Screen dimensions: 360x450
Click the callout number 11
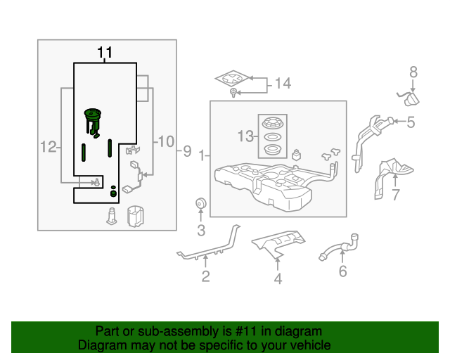tap(105, 52)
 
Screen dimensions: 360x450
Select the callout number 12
tap(48, 147)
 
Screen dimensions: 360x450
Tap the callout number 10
tap(165, 141)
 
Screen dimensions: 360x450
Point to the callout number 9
tap(187, 150)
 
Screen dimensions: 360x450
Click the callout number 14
tap(282, 84)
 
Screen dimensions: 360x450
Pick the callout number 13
tap(246, 136)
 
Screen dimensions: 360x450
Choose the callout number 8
tap(413, 71)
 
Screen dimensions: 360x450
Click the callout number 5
tap(411, 122)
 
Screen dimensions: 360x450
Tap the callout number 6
tap(342, 271)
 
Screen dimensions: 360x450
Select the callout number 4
tap(278, 278)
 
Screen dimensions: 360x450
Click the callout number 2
tap(205, 276)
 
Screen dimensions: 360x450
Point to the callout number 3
tap(200, 230)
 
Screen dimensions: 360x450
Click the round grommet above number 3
tap(200, 205)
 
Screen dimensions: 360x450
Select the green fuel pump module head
tap(93, 114)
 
